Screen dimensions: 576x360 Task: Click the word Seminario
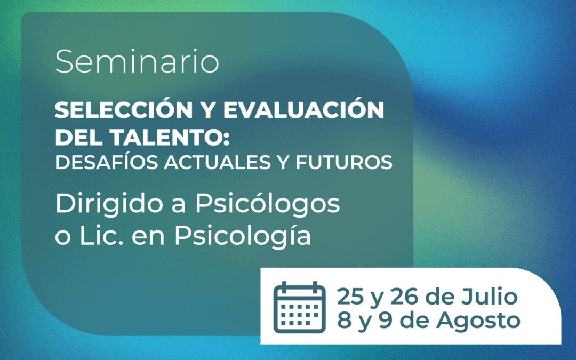coord(137,61)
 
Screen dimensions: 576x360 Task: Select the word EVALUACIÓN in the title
coord(304,109)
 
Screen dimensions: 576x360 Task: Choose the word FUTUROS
coord(344,162)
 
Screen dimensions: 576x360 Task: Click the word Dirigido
coord(109,204)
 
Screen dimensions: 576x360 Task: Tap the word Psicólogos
coord(267,204)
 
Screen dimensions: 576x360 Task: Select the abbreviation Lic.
coord(102,236)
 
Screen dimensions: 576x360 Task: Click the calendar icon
coord(299,307)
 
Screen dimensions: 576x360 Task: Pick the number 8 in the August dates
coord(344,320)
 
